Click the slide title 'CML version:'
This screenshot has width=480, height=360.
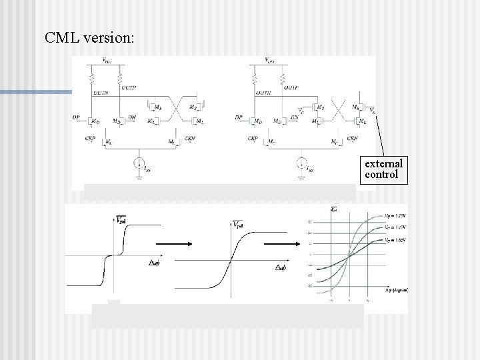(x=89, y=37)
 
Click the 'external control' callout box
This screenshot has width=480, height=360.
(x=383, y=169)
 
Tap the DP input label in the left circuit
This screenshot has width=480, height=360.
(x=77, y=117)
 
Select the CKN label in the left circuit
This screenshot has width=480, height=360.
(x=189, y=138)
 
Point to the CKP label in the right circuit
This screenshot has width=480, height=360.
(x=253, y=139)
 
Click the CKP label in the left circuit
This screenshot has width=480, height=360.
(x=91, y=138)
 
